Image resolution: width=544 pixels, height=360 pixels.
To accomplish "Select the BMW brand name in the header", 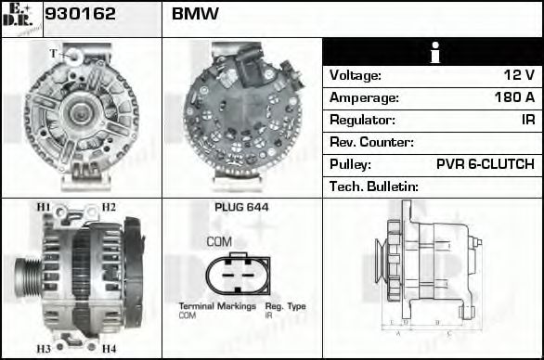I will pyautogui.click(x=195, y=15).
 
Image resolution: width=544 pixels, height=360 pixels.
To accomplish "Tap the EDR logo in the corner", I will pyautogui.click(x=20, y=18).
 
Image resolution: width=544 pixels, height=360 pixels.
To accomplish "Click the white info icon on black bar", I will pyautogui.click(x=434, y=53).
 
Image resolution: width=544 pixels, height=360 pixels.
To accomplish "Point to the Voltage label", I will pyautogui.click(x=356, y=76).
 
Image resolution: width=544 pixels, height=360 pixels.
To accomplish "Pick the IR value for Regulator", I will pyautogui.click(x=526, y=121).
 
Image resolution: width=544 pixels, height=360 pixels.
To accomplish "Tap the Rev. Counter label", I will pyautogui.click(x=371, y=143).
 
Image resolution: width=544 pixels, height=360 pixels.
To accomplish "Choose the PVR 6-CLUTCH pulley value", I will pyautogui.click(x=485, y=165).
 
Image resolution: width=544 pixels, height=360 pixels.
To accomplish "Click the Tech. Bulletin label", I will pyautogui.click(x=374, y=187).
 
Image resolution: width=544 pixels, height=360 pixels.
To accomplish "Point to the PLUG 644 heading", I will pyautogui.click(x=241, y=208).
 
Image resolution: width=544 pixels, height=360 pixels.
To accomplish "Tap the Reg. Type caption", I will pyautogui.click(x=285, y=306).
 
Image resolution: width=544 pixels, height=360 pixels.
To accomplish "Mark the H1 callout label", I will pyautogui.click(x=43, y=207).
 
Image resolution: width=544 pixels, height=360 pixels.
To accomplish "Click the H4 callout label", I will pyautogui.click(x=109, y=349).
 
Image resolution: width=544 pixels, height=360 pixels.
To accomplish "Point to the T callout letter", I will pyautogui.click(x=52, y=53).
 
